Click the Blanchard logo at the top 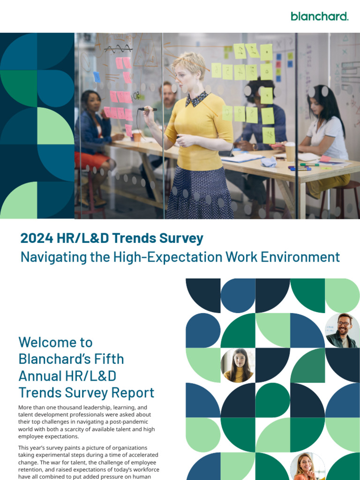[319, 16]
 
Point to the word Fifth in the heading [110, 359]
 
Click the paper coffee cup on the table [290, 151]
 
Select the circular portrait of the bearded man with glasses [343, 330]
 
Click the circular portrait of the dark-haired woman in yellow [238, 365]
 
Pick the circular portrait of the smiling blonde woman [307, 466]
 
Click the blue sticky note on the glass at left [97, 76]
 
